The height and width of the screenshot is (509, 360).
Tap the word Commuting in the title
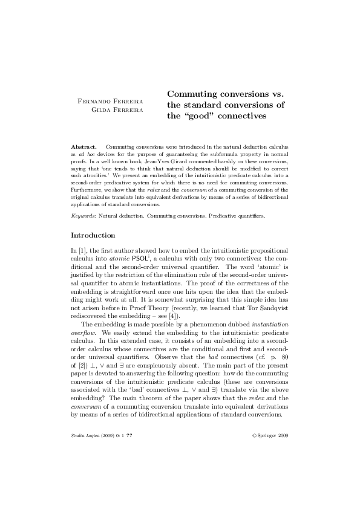[192, 94]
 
